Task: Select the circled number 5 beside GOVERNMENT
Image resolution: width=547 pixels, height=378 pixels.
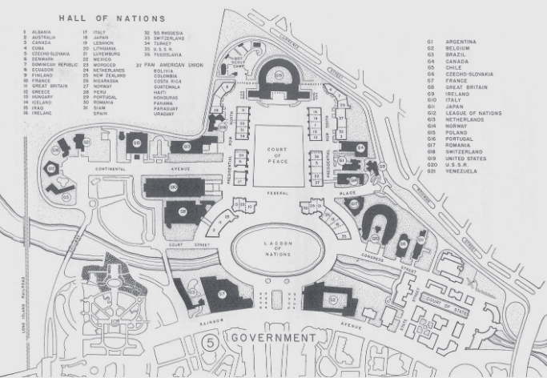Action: click(x=211, y=340)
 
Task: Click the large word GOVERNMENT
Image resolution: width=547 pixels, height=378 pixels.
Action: click(x=273, y=339)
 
